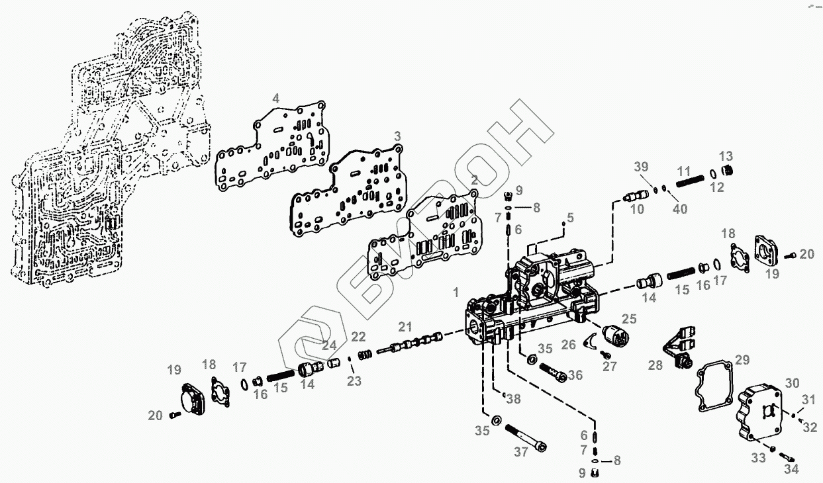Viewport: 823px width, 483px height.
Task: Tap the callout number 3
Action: (397, 136)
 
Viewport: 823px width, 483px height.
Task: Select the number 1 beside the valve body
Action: (456, 292)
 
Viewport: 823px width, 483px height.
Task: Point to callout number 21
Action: (405, 326)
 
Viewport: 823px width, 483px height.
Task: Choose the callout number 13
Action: (726, 156)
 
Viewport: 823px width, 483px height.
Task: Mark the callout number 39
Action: (640, 166)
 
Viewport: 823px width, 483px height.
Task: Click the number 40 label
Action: (680, 209)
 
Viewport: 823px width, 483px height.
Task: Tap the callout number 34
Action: (791, 469)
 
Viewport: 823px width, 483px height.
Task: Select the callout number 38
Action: (512, 398)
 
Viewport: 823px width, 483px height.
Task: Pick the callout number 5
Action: (570, 216)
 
